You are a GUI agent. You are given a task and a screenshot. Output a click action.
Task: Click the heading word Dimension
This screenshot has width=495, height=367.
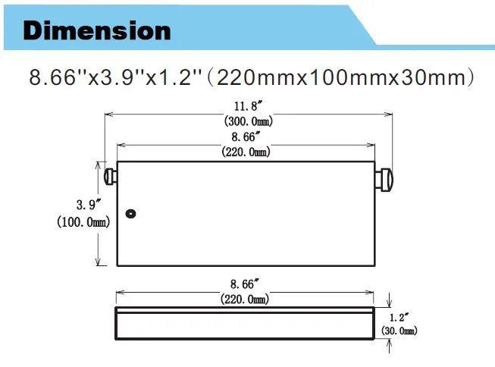pos(97,30)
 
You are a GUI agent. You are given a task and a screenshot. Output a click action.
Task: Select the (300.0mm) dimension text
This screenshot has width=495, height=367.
pos(249,121)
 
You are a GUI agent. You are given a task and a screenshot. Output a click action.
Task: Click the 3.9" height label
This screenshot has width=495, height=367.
pos(86,205)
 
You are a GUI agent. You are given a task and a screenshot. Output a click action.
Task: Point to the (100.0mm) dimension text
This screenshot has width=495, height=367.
pos(83,221)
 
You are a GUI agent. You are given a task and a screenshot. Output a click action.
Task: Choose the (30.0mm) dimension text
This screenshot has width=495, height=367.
pos(399,331)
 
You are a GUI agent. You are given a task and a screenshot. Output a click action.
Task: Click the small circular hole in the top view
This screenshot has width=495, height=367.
pos(131,215)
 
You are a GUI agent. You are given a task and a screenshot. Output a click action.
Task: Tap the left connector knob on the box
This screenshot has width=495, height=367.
pos(110,176)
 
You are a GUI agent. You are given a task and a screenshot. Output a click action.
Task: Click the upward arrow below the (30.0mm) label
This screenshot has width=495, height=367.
pos(390,347)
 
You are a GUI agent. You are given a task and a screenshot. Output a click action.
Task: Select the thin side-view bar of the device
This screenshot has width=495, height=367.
pos(245,323)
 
